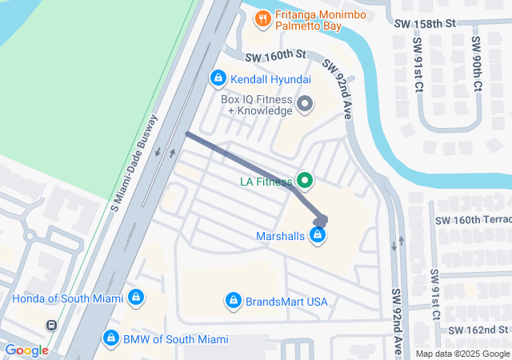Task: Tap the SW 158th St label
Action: coord(425,26)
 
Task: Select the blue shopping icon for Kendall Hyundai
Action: coord(217,78)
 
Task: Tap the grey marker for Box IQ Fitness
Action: coord(305,104)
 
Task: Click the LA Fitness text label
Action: coord(266,182)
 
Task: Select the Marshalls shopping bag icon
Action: coord(318,235)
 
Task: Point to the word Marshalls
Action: coord(280,236)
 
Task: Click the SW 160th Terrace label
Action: coord(472,220)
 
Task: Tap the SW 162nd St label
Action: coord(478,330)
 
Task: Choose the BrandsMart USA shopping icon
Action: coord(233,300)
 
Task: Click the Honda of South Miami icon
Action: coord(135,298)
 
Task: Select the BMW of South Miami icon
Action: coord(111,338)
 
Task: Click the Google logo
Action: coord(26,350)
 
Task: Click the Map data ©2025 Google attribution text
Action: coord(462,354)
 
